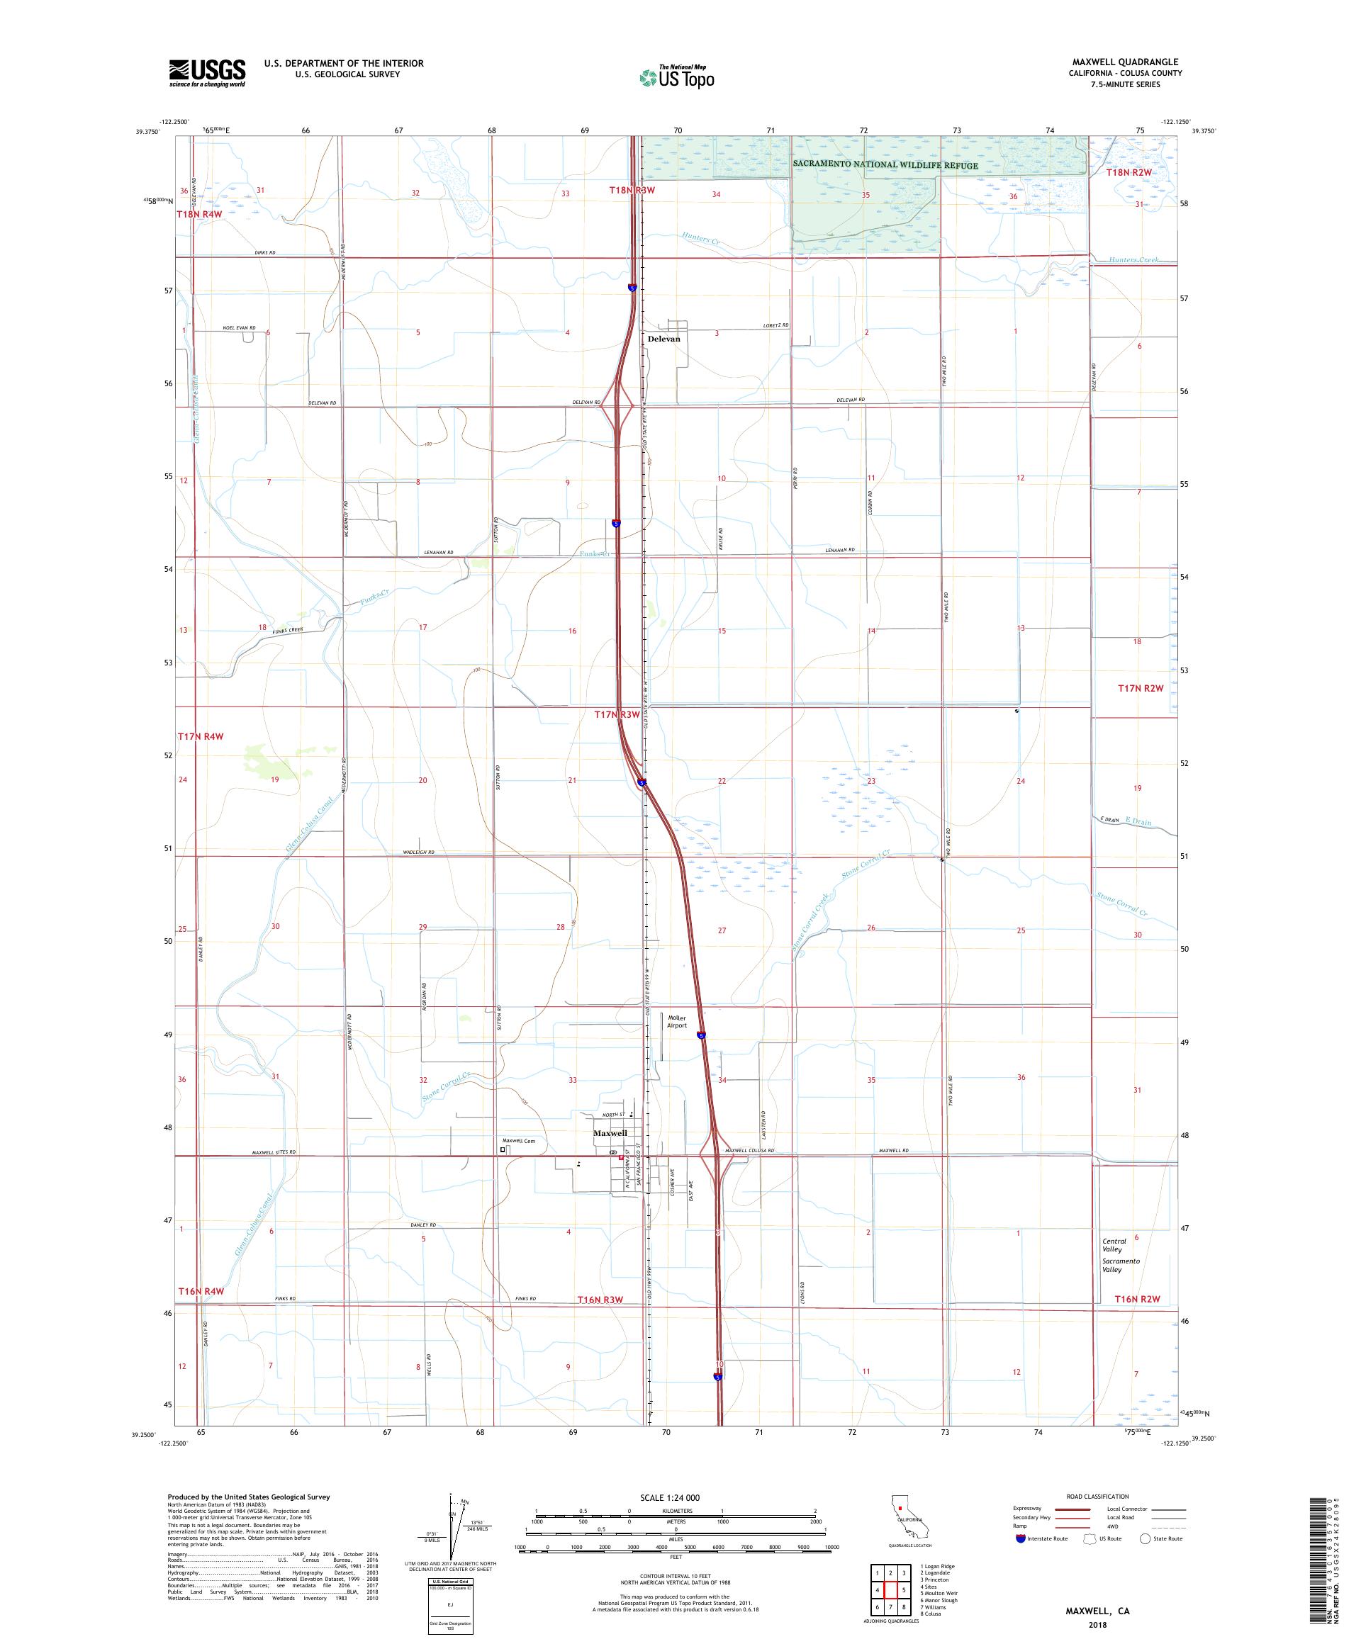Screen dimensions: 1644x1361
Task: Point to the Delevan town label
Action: pyautogui.click(x=664, y=339)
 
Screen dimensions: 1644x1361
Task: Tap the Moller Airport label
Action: pyautogui.click(x=676, y=1022)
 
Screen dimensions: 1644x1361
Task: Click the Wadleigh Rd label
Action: pyautogui.click(x=419, y=852)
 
